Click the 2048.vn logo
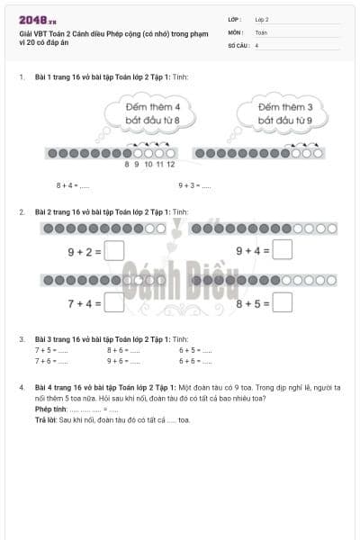click(37, 19)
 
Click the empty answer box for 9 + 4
click(282, 251)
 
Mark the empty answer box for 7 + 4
click(113, 303)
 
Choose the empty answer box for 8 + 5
click(282, 303)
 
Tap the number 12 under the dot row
click(170, 164)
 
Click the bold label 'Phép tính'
click(50, 409)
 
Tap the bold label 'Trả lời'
click(46, 419)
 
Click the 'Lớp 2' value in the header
click(262, 19)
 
